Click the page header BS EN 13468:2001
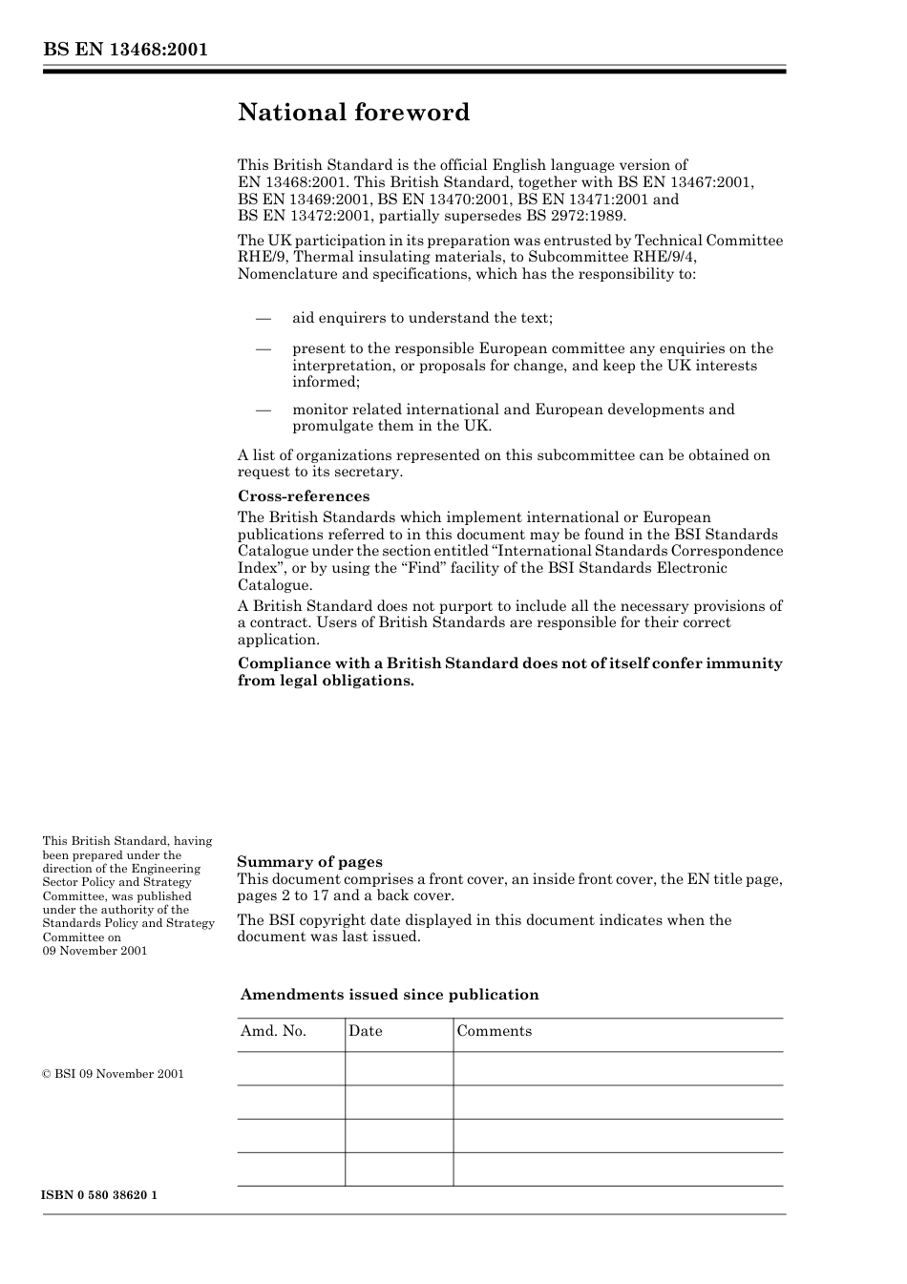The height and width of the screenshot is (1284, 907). click(125, 50)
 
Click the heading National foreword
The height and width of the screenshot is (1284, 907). click(353, 113)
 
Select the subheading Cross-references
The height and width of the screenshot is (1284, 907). click(303, 496)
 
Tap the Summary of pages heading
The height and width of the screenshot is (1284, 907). click(309, 861)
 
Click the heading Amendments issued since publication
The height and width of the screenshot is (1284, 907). click(390, 995)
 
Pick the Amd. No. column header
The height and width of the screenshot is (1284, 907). click(273, 1031)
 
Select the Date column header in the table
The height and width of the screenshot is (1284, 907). click(365, 1031)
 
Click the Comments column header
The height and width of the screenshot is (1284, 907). click(494, 1031)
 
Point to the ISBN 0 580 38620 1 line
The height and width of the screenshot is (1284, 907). click(99, 1195)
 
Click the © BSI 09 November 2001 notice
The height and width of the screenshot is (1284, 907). click(113, 1074)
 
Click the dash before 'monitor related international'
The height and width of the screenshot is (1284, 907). click(264, 410)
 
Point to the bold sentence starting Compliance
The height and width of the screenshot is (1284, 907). click(509, 671)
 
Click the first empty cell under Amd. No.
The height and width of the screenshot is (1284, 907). click(290, 1068)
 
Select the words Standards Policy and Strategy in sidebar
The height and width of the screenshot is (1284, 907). click(128, 923)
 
